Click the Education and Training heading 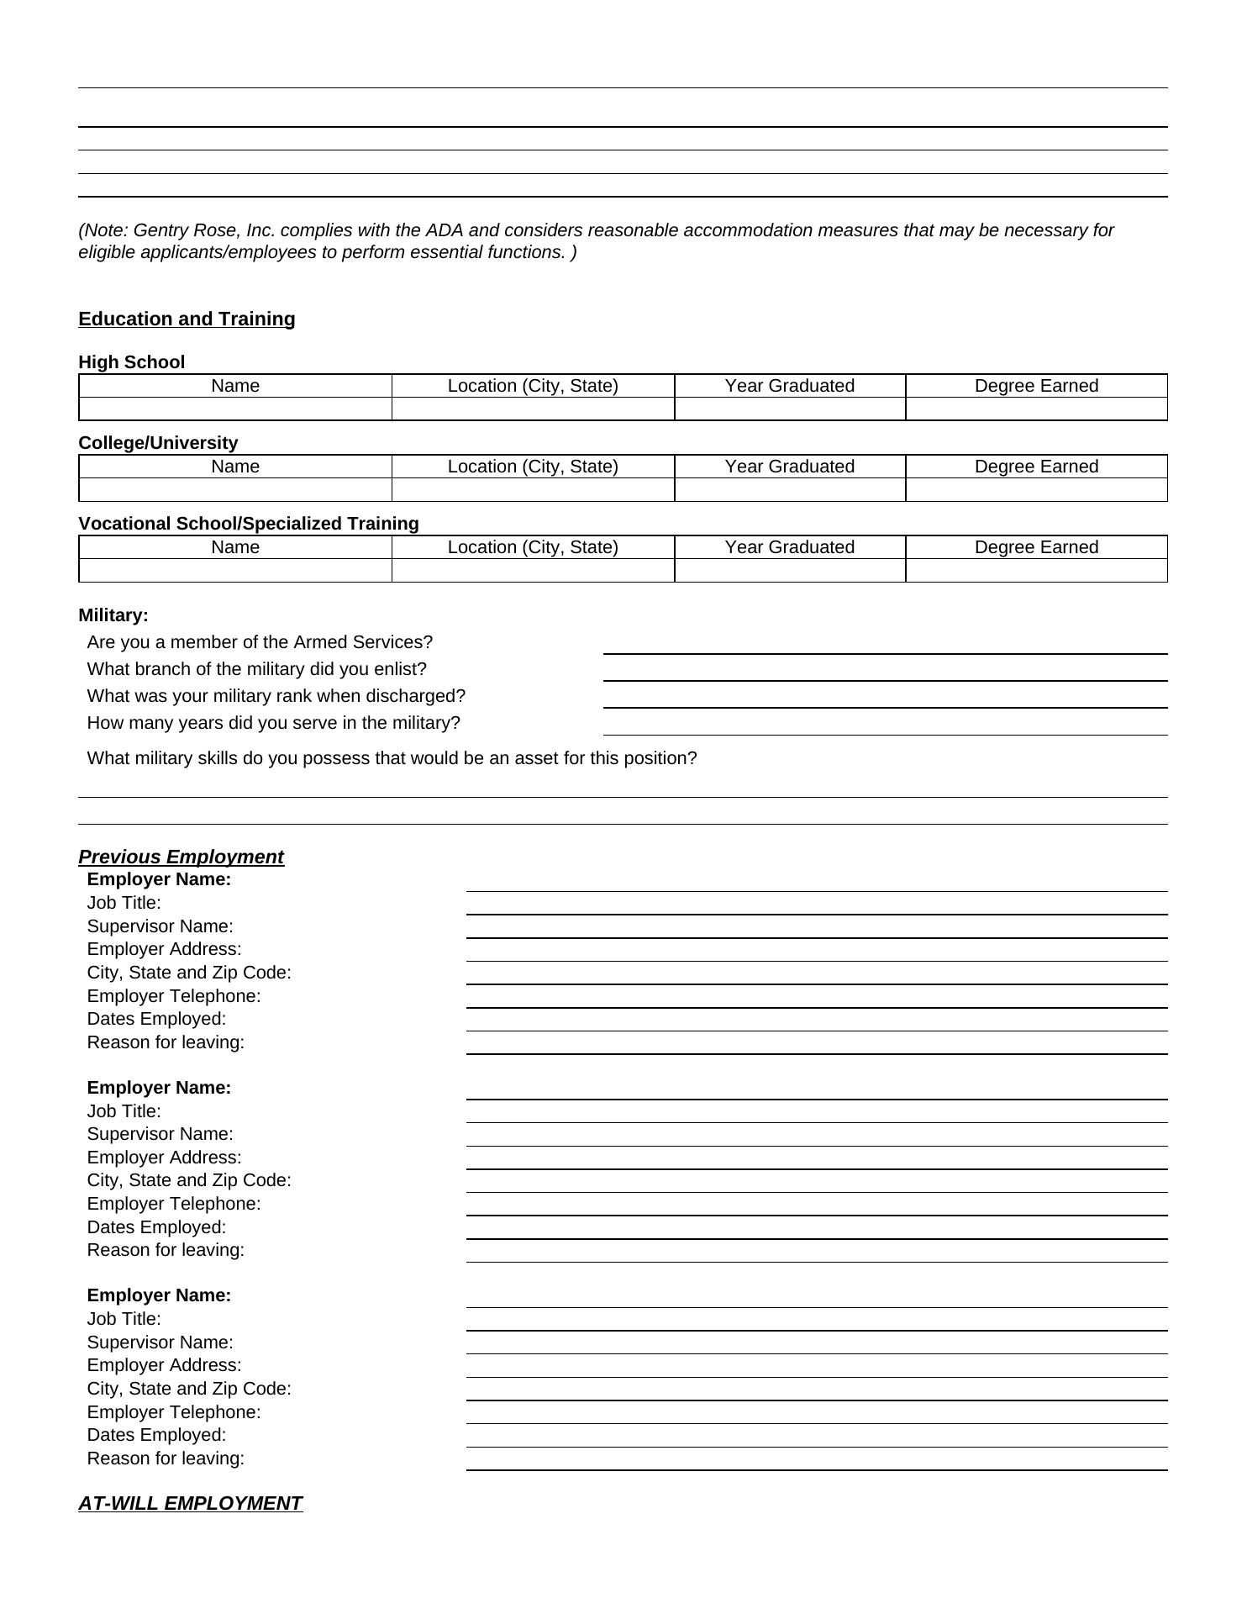point(187,319)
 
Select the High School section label point(131,362)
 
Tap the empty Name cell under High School point(235,409)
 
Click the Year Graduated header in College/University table point(789,467)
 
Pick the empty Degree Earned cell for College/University point(1036,490)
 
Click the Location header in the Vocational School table point(533,547)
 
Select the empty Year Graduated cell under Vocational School point(789,571)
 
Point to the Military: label point(113,615)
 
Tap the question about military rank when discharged point(276,696)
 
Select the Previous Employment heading point(181,857)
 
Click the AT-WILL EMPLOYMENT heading point(190,1503)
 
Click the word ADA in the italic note point(445,230)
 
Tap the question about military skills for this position point(392,758)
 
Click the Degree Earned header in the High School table point(1036,386)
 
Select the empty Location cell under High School point(533,409)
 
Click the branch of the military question point(256,669)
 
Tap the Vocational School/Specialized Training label point(248,524)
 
